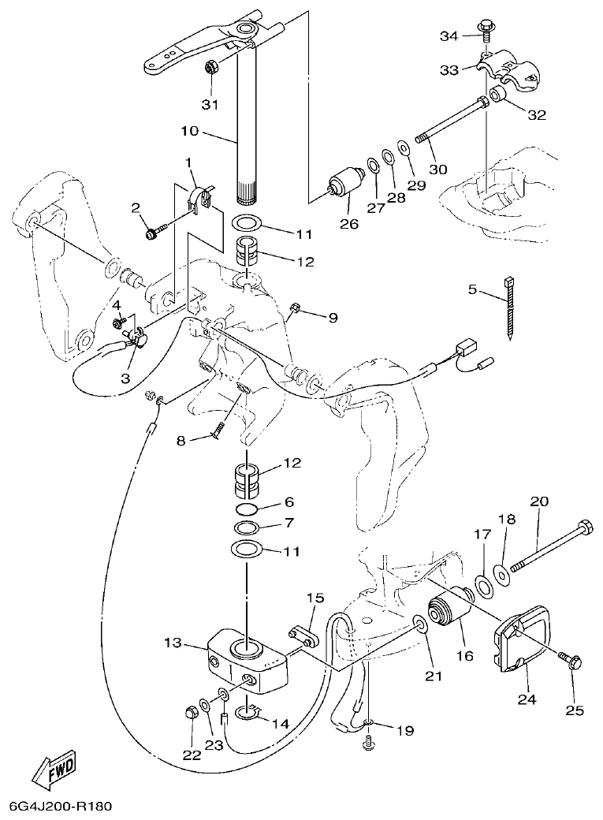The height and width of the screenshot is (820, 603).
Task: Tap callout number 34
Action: coord(448,36)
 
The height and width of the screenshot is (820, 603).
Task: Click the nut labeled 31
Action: coord(211,68)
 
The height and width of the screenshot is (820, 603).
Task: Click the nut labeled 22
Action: coord(188,714)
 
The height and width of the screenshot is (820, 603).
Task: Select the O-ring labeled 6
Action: coord(248,508)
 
